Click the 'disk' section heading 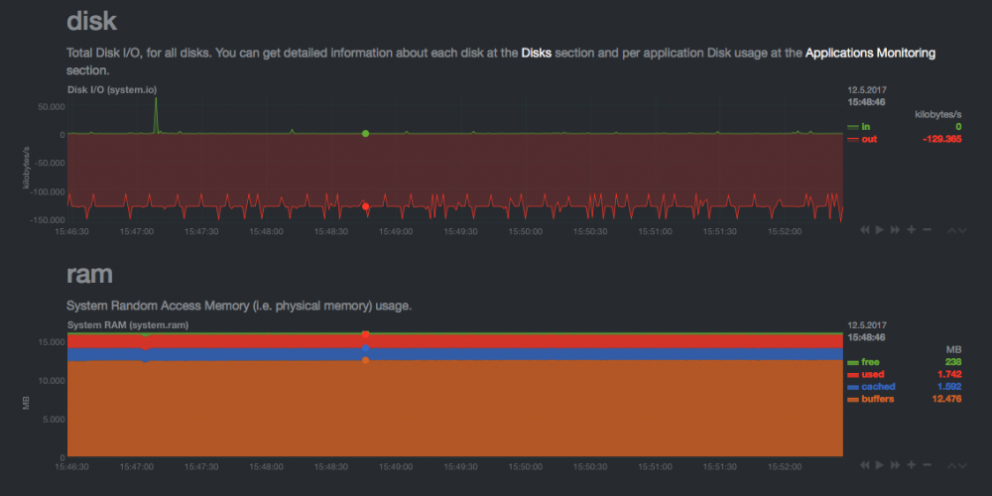pyautogui.click(x=91, y=21)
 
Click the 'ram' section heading pyautogui.click(x=89, y=274)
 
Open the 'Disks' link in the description pyautogui.click(x=537, y=54)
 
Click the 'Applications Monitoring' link pyautogui.click(x=870, y=54)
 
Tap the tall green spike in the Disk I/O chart pyautogui.click(x=156, y=114)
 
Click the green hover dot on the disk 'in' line pyautogui.click(x=366, y=134)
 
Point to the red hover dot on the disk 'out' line pyautogui.click(x=366, y=206)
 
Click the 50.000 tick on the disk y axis pyautogui.click(x=52, y=106)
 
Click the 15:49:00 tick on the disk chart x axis pyautogui.click(x=396, y=231)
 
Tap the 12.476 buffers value pyautogui.click(x=947, y=399)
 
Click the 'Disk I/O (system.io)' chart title pyautogui.click(x=112, y=90)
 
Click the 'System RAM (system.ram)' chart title pyautogui.click(x=128, y=325)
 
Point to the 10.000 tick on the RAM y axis pyautogui.click(x=52, y=380)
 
